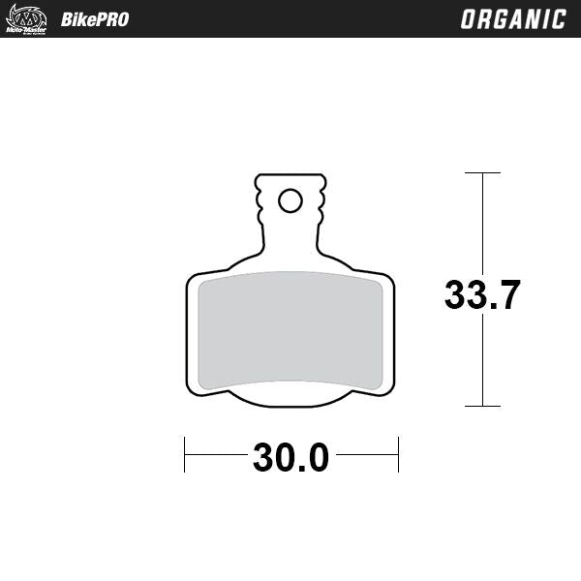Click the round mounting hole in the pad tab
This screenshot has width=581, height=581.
point(290,200)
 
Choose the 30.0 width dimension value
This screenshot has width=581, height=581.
point(290,456)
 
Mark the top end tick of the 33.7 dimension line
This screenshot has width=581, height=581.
point(482,173)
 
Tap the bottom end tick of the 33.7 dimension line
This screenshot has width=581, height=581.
point(482,406)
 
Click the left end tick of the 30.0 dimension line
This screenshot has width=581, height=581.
point(185,454)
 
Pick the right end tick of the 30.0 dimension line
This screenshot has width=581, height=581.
point(398,454)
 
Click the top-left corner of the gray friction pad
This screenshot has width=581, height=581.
point(199,283)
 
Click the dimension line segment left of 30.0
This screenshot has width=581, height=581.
point(215,454)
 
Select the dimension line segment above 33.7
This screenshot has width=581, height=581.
point(482,223)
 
